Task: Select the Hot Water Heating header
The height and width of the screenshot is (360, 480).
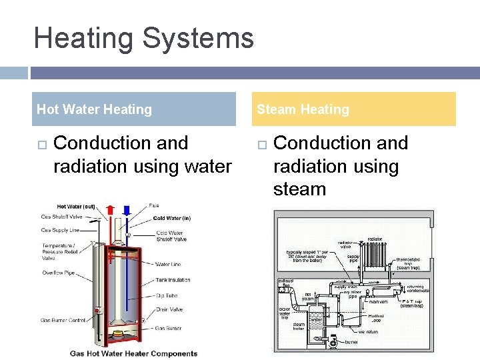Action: tap(94, 109)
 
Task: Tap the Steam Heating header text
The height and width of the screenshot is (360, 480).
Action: tap(303, 109)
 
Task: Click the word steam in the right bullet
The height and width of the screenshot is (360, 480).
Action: tap(299, 189)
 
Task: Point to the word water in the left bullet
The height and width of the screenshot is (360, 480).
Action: tap(203, 166)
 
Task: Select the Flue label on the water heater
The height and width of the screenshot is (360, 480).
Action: tap(154, 205)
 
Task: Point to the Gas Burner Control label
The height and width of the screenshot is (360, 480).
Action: tap(63, 321)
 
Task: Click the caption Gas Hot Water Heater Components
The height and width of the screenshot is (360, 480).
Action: tap(133, 353)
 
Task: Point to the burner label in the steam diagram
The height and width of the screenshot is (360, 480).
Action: tap(352, 342)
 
